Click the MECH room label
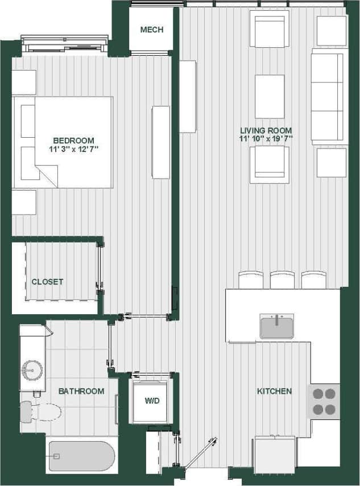coord(151,30)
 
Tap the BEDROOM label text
coord(73,141)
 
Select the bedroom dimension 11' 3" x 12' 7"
coord(73,150)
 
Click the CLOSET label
coord(47,282)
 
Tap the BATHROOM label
coord(81,391)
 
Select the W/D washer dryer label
coord(151,401)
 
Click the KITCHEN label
coord(274,391)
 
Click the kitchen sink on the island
coord(276,327)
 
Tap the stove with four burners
coord(324,401)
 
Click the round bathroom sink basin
coord(32,370)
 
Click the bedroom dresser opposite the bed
coord(161,142)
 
